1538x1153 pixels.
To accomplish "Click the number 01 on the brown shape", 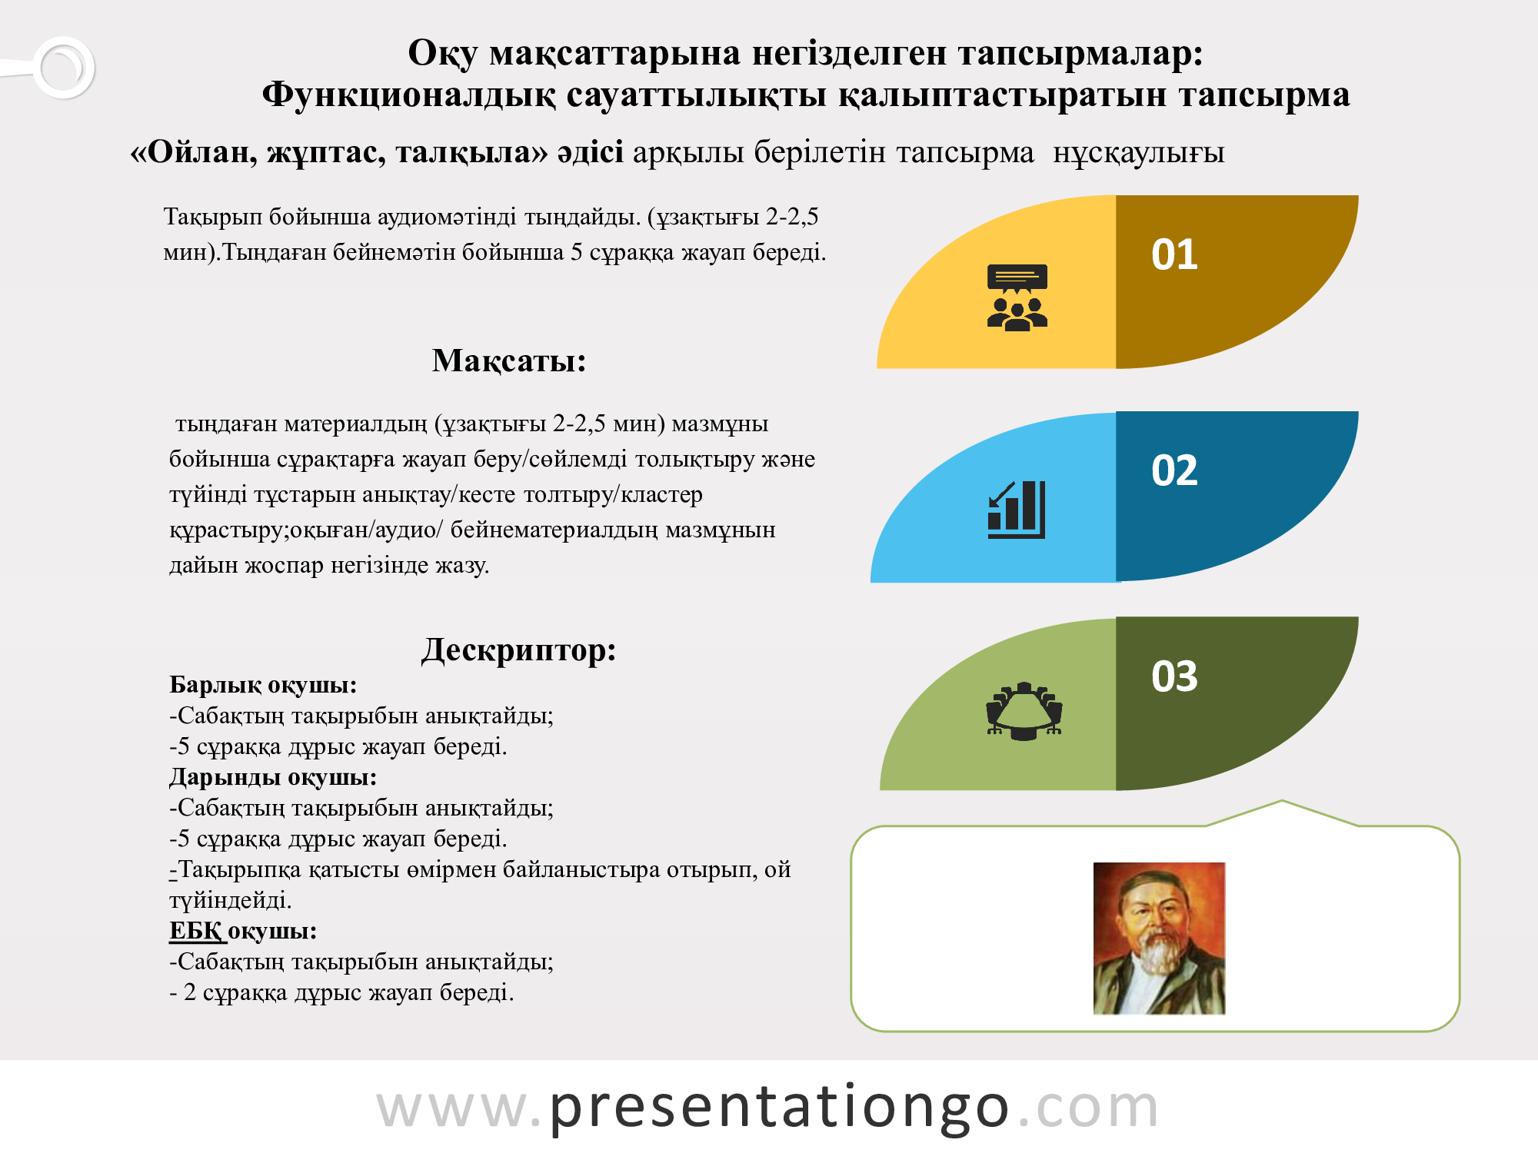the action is tap(1174, 254).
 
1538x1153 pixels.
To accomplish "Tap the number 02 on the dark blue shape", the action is tap(1174, 470).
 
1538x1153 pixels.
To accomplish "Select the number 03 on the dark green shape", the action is tap(1174, 676).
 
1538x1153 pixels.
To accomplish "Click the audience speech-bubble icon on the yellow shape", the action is tap(1017, 297).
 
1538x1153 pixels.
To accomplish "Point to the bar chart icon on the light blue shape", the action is tap(1017, 510).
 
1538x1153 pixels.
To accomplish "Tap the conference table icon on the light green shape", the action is tap(1024, 711).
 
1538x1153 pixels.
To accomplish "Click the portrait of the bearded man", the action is tap(1159, 938).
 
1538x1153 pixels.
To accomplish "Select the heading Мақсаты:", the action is tap(509, 361).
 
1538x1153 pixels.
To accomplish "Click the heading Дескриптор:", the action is tap(519, 650).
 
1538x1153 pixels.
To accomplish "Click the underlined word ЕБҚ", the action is tap(196, 931).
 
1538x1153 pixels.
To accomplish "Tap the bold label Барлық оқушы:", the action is tap(263, 685).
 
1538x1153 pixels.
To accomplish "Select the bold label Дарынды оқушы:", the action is tap(273, 777).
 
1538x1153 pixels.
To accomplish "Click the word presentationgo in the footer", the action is tap(779, 1108).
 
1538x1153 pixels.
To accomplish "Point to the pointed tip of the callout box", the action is tap(1282, 801).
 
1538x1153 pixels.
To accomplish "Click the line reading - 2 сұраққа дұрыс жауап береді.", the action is tap(341, 992).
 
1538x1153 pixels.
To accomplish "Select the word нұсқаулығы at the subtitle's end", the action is tap(1138, 153).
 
